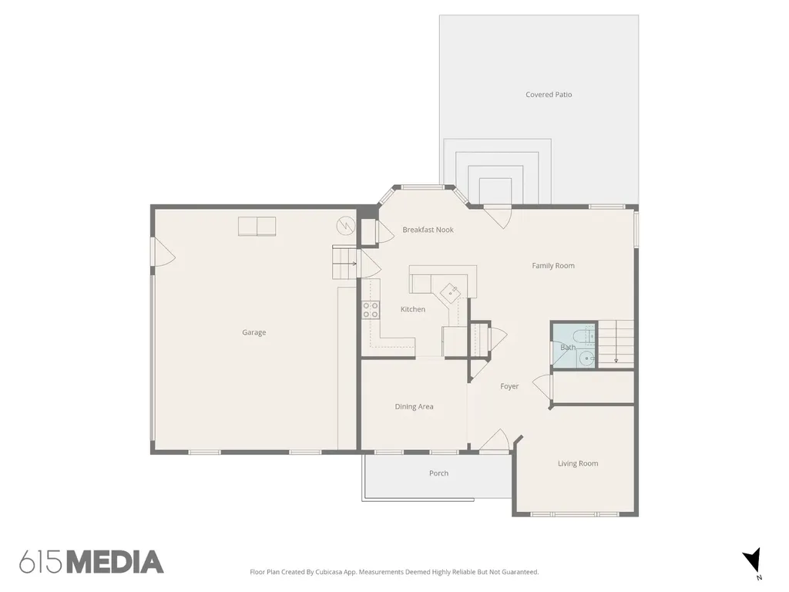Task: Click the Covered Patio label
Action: click(x=549, y=95)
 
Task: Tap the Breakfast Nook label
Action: click(x=428, y=230)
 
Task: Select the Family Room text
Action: click(x=553, y=265)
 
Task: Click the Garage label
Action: click(x=253, y=332)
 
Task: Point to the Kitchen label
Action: click(x=413, y=309)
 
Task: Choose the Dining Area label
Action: click(x=414, y=407)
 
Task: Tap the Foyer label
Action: click(x=509, y=386)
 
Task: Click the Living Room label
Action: click(x=578, y=463)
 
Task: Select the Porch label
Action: click(x=438, y=473)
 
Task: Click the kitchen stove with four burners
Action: click(x=371, y=310)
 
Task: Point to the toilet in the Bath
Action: click(x=586, y=335)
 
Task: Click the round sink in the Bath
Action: click(x=586, y=358)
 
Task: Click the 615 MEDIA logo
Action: click(x=91, y=562)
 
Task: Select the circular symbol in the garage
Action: click(x=346, y=226)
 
